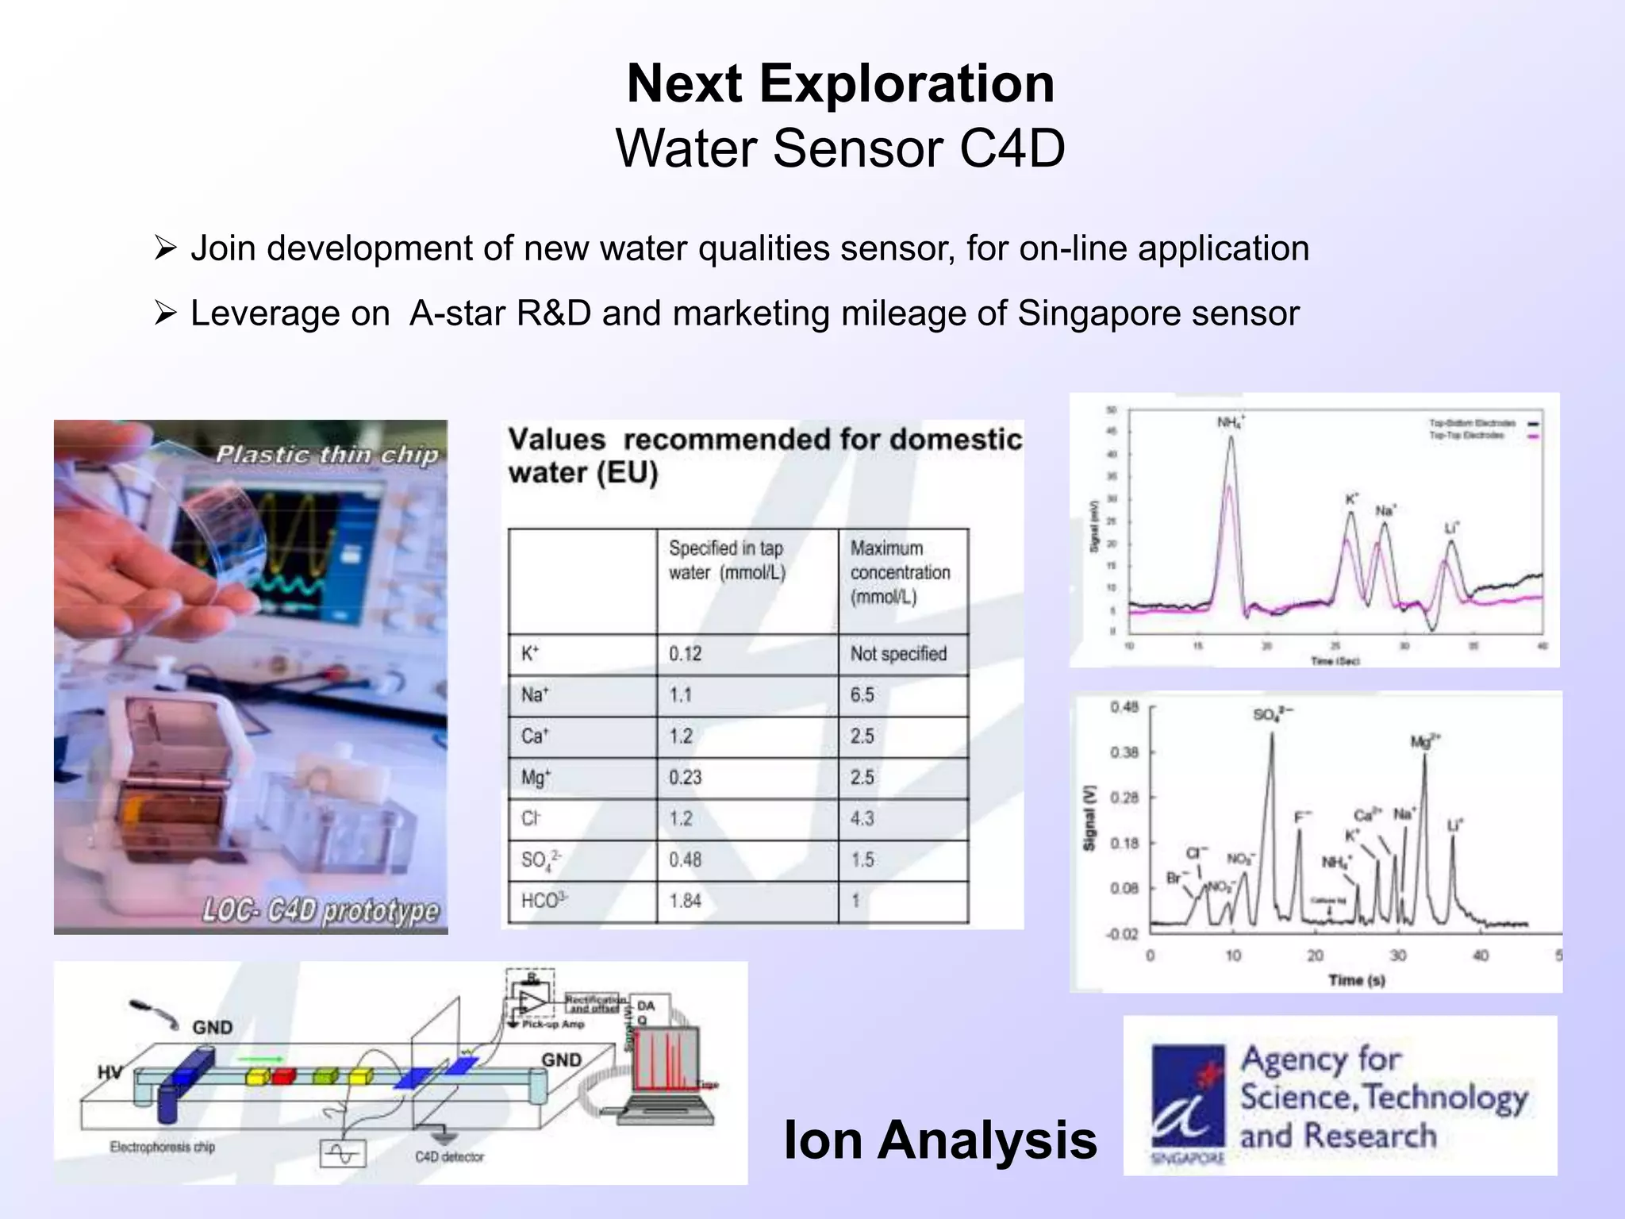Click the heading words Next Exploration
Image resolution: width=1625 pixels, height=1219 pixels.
pos(840,83)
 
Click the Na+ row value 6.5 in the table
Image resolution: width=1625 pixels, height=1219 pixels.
pos(862,695)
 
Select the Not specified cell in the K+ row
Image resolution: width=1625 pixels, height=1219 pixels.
pos(898,654)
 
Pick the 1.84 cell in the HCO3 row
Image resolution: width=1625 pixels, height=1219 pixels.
pos(685,901)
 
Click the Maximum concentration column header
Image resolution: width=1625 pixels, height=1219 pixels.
pos(900,572)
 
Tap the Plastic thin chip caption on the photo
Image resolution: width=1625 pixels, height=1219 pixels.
pos(327,455)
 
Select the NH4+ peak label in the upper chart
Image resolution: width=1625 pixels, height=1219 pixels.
pos(1230,422)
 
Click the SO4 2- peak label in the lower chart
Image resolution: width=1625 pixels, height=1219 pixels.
pos(1272,714)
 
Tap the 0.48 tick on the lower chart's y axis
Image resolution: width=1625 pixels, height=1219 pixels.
pos(1124,707)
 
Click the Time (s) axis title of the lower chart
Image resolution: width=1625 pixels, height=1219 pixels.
pos(1356,980)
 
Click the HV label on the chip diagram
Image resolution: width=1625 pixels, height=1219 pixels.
pos(109,1073)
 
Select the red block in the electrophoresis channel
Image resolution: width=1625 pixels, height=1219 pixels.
pos(283,1076)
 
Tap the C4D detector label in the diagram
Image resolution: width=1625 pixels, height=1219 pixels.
pos(449,1157)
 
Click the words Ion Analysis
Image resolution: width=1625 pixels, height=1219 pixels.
pos(939,1140)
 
